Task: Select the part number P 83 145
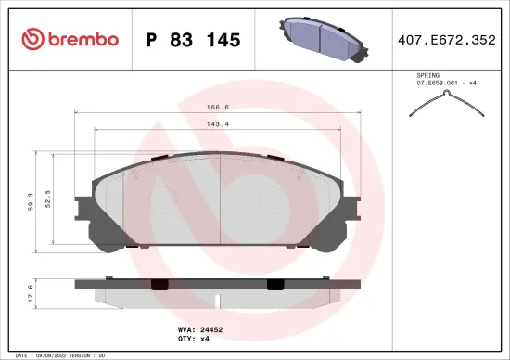(194, 40)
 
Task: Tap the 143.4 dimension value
(218, 123)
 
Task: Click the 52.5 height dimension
(49, 198)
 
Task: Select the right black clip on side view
(276, 284)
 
